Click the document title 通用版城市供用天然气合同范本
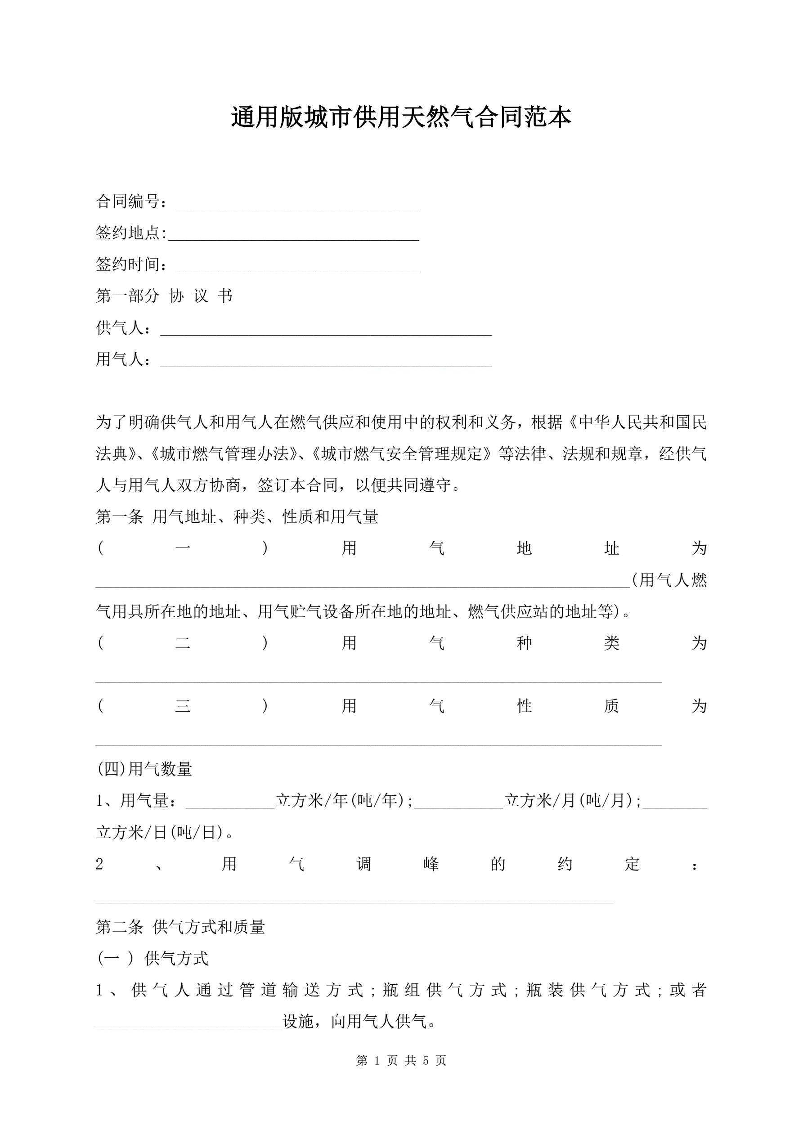401,118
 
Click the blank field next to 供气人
326,332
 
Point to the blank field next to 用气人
326,363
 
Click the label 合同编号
128,201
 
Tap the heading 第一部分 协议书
164,296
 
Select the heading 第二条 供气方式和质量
180,927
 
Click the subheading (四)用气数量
145,769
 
